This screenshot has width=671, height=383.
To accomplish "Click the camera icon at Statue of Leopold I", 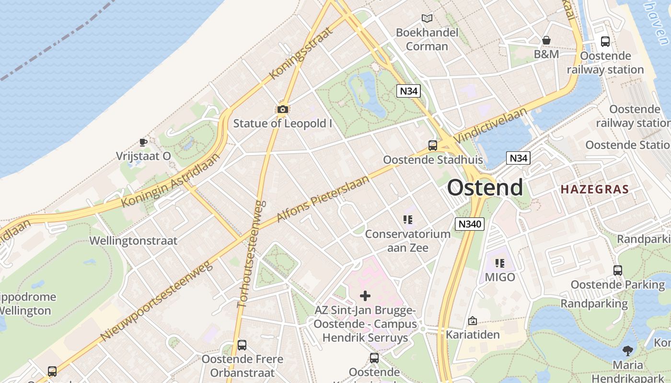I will click(283, 110).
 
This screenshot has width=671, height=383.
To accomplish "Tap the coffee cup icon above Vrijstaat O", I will click(143, 142).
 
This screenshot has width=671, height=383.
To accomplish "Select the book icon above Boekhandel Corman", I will click(427, 19).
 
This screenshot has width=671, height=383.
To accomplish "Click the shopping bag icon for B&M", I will click(546, 40).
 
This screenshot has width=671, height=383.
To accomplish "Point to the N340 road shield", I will click(470, 224).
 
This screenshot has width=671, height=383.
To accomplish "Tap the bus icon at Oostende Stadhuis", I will click(433, 146).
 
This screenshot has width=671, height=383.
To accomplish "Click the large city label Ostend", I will click(485, 187).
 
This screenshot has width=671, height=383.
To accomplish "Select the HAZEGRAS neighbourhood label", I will click(594, 189).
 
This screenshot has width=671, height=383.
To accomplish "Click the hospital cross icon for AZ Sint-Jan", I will click(365, 295).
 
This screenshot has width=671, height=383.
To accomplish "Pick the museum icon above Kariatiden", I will click(473, 320).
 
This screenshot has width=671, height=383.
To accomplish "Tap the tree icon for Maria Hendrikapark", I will click(627, 351).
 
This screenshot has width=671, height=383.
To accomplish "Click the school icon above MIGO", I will click(500, 263).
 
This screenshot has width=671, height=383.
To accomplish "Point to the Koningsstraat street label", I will click(301, 53).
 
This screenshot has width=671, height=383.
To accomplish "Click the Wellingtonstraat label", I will click(133, 240).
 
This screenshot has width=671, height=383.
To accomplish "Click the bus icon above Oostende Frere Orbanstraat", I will click(242, 345).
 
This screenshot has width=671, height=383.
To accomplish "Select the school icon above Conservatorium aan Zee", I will click(408, 220).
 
